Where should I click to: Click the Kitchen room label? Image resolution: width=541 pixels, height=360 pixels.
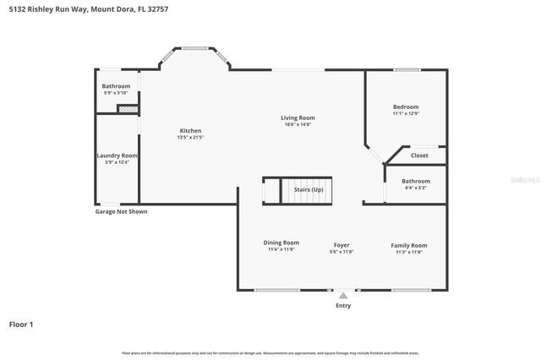[x=190, y=131]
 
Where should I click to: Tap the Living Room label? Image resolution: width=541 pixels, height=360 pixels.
[x=298, y=117]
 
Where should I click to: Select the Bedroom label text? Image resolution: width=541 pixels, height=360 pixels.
[x=406, y=106]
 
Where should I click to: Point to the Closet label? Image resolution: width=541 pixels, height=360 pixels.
[x=419, y=155]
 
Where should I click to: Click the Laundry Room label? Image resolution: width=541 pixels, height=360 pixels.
[x=116, y=155]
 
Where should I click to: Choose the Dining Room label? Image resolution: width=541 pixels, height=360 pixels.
[x=281, y=243]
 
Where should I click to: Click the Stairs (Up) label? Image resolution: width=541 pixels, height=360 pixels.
[x=308, y=190]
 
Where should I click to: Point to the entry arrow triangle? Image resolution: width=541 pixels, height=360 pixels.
[x=342, y=296]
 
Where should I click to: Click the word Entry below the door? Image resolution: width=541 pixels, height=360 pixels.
[x=342, y=305]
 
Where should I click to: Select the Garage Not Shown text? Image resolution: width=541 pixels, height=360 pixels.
[x=121, y=212]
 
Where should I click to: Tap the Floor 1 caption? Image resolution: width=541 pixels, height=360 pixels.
[x=21, y=324]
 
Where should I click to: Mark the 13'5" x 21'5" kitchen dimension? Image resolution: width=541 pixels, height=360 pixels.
[x=190, y=138]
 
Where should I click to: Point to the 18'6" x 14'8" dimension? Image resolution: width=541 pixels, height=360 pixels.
[x=298, y=124]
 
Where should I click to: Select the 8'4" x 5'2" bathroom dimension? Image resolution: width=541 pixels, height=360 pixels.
[x=415, y=188]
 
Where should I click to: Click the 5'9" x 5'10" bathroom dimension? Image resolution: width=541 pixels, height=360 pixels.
[x=116, y=93]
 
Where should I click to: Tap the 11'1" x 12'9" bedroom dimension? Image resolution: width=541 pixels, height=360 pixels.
[x=406, y=113]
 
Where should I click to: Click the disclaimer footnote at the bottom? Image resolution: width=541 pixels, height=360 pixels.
[x=270, y=352]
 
